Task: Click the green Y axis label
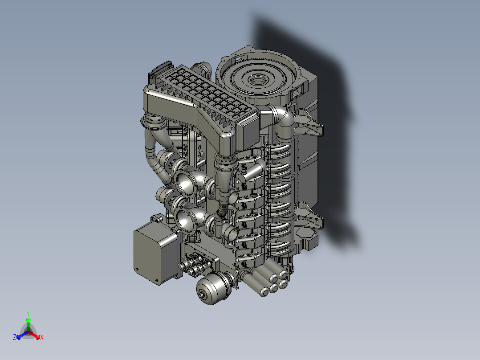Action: (x=28, y=313)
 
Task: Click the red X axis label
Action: (x=41, y=338)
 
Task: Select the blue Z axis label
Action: (x=15, y=338)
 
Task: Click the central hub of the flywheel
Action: (x=257, y=81)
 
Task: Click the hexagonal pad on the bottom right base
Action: (x=307, y=233)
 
